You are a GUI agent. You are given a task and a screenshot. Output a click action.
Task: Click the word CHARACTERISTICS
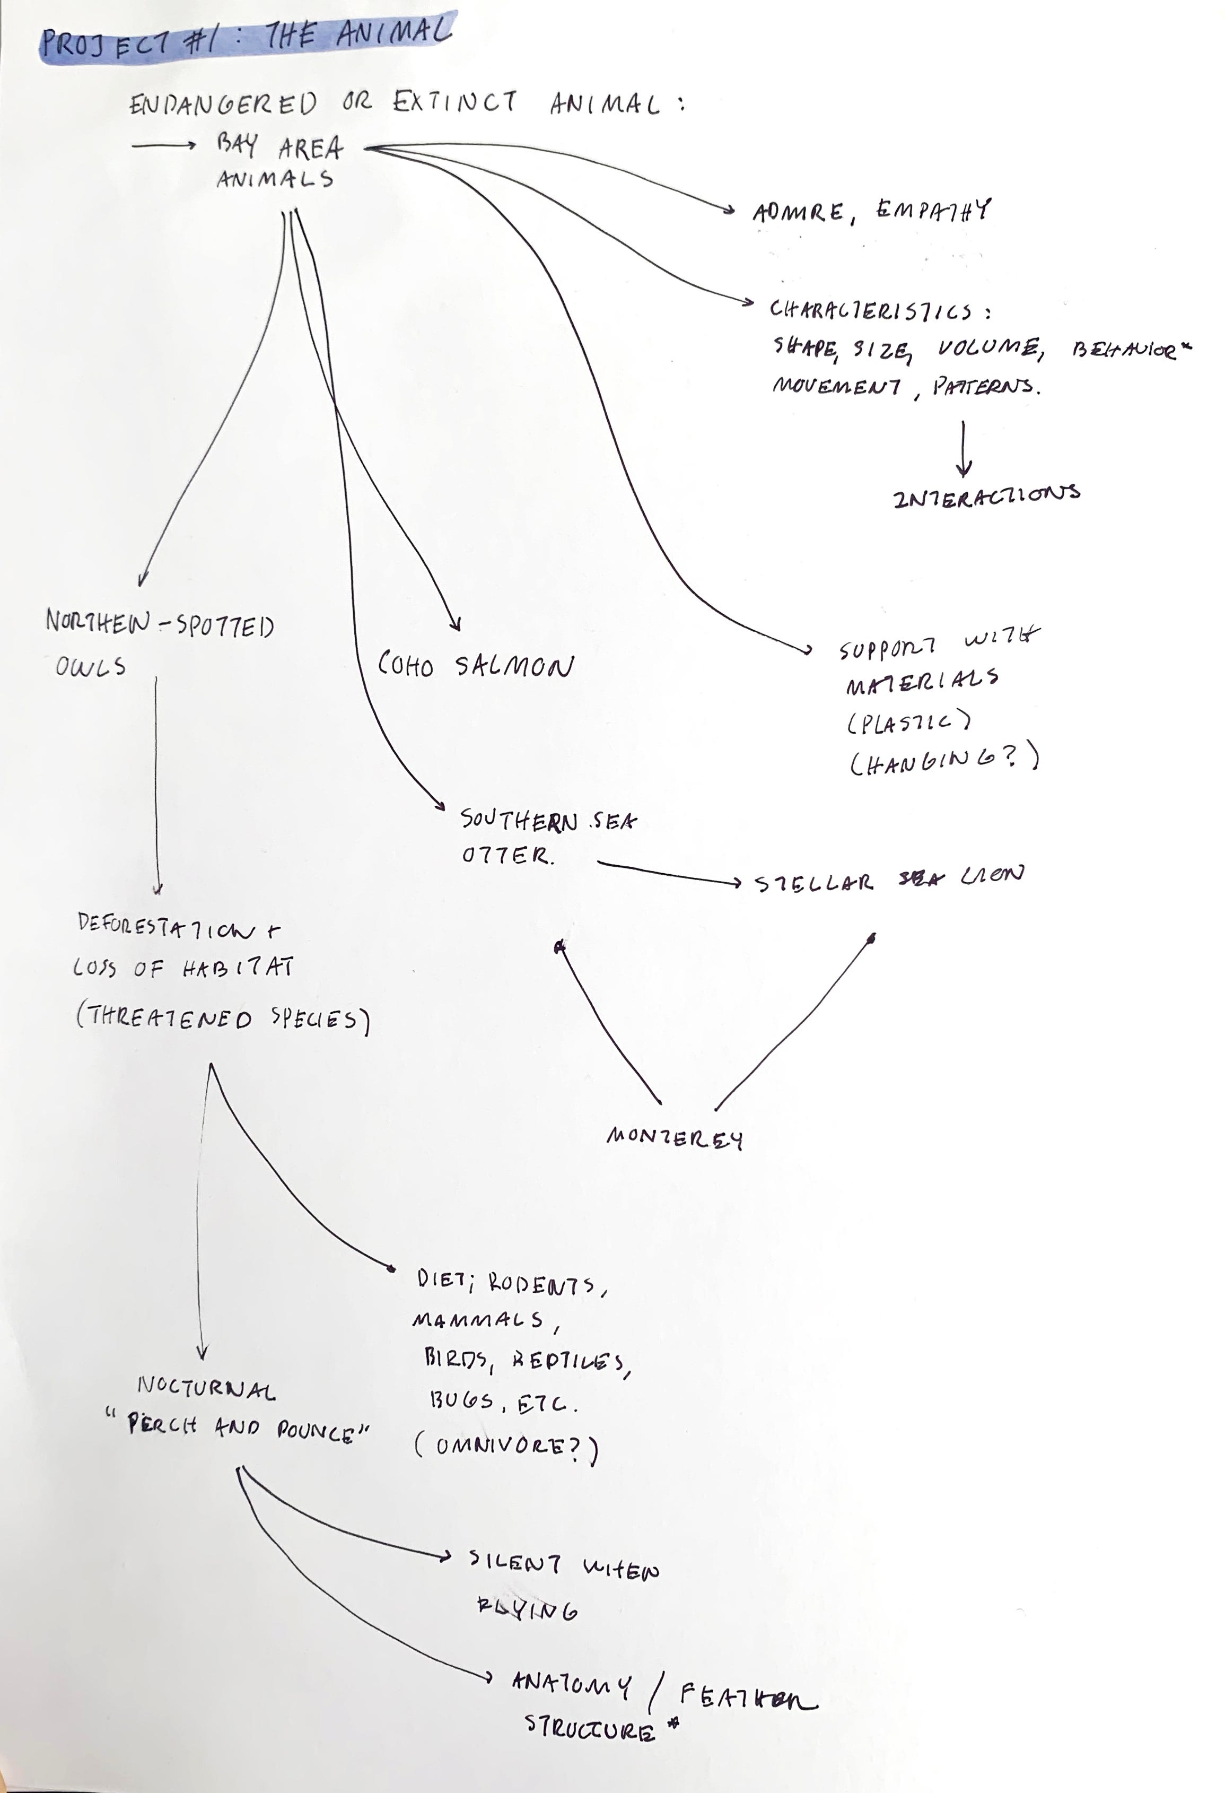click(x=871, y=311)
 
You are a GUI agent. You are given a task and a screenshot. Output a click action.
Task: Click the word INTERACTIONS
click(x=986, y=495)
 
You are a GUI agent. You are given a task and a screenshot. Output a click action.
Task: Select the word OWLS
click(x=90, y=667)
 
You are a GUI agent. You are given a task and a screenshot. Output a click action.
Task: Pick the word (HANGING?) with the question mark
click(x=943, y=762)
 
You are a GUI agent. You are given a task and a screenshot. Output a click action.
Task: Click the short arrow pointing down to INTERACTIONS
click(x=962, y=448)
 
